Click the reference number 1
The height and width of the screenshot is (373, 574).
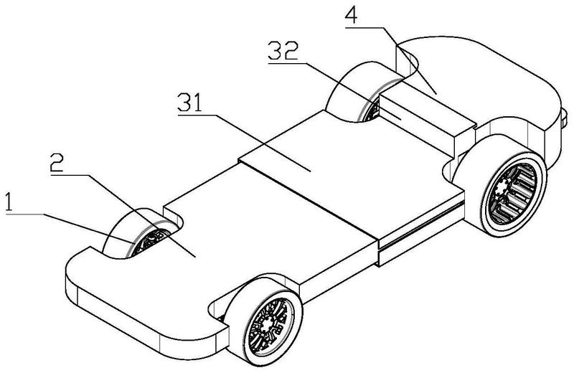pyautogui.click(x=9, y=202)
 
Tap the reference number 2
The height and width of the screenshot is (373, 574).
pyautogui.click(x=57, y=163)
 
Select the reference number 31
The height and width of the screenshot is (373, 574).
pyautogui.click(x=189, y=103)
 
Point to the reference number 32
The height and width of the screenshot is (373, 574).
pyautogui.click(x=283, y=51)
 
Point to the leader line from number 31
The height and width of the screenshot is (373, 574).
pyautogui.click(x=263, y=143)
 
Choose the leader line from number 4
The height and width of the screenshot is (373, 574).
pyautogui.click(x=408, y=60)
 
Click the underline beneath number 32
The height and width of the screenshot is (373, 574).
pyautogui.click(x=287, y=63)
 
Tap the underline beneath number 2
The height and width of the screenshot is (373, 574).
pyautogui.click(x=69, y=175)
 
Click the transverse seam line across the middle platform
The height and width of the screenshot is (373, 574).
pyautogui.click(x=308, y=199)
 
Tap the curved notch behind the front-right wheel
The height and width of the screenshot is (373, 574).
pyautogui.click(x=216, y=308)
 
